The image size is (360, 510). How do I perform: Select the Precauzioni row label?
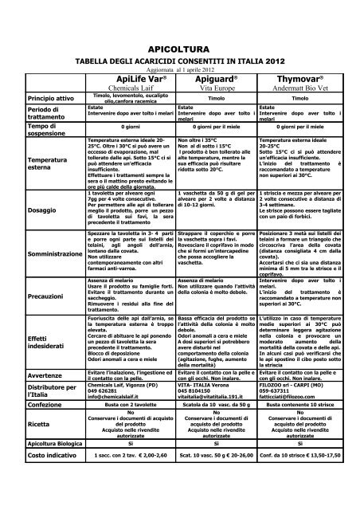point(49,296)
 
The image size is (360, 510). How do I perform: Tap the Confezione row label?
point(49,404)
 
